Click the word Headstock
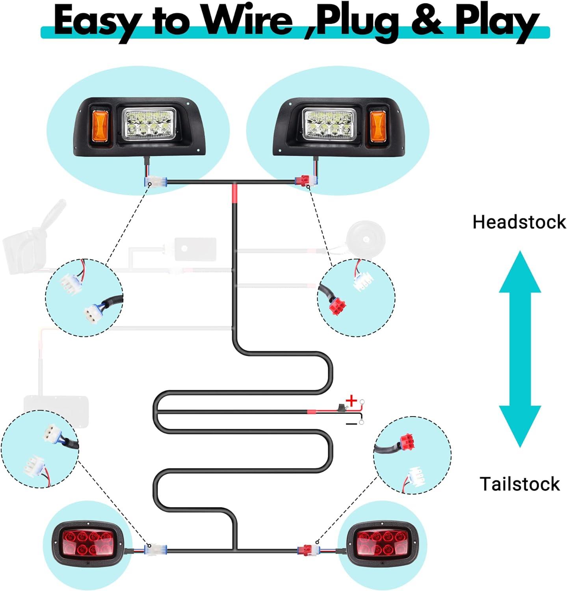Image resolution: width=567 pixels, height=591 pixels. coord(519,222)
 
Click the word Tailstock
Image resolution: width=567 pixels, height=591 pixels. coord(519,484)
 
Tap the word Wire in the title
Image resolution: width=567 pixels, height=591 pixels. coord(248,21)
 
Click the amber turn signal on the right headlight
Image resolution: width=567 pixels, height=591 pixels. coord(377,126)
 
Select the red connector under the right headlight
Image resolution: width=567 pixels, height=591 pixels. coord(304,182)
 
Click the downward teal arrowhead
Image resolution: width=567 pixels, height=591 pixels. coord(520,426)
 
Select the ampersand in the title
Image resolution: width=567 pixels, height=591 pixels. coord(427,22)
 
